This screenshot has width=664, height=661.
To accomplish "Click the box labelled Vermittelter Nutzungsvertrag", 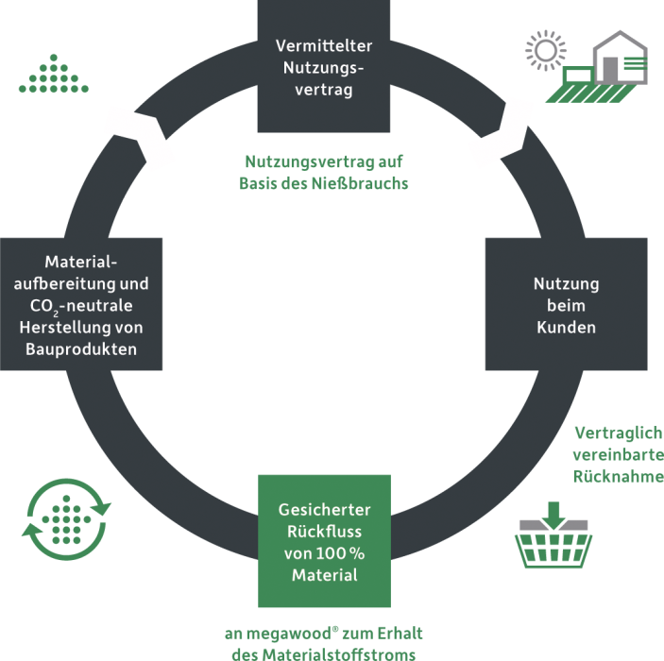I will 324,66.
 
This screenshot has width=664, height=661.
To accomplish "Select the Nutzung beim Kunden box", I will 566,304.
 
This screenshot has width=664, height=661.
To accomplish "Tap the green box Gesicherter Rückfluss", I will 324,540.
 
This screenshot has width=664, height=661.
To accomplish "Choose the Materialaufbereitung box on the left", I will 82,304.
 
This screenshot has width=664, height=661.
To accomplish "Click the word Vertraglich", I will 617,434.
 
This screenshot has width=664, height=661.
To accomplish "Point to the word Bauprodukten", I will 82,349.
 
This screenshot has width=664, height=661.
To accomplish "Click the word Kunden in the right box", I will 566,327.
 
